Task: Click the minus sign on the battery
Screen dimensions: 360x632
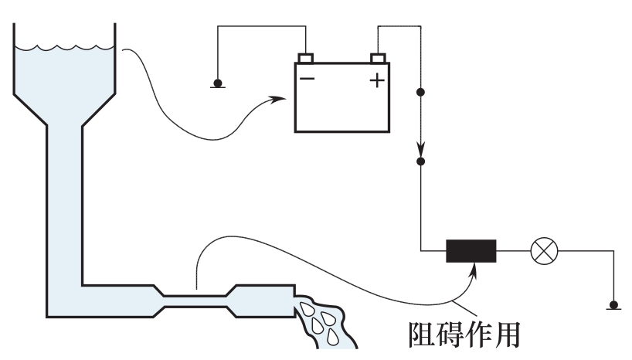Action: click(x=308, y=79)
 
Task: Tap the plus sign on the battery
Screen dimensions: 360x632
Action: click(x=377, y=79)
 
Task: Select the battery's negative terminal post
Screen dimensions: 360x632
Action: click(x=307, y=58)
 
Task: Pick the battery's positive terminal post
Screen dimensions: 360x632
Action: click(x=378, y=58)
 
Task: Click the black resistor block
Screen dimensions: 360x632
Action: click(x=471, y=251)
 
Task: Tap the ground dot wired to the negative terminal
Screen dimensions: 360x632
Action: click(x=218, y=83)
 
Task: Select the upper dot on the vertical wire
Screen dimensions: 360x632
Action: click(x=420, y=93)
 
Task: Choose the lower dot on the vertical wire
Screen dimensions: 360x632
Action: click(x=420, y=162)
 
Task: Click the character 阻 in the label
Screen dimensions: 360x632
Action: click(x=422, y=333)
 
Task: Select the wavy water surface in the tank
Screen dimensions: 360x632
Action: click(x=65, y=49)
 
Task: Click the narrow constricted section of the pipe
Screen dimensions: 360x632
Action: click(x=197, y=299)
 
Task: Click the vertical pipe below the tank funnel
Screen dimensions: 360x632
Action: click(x=64, y=193)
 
